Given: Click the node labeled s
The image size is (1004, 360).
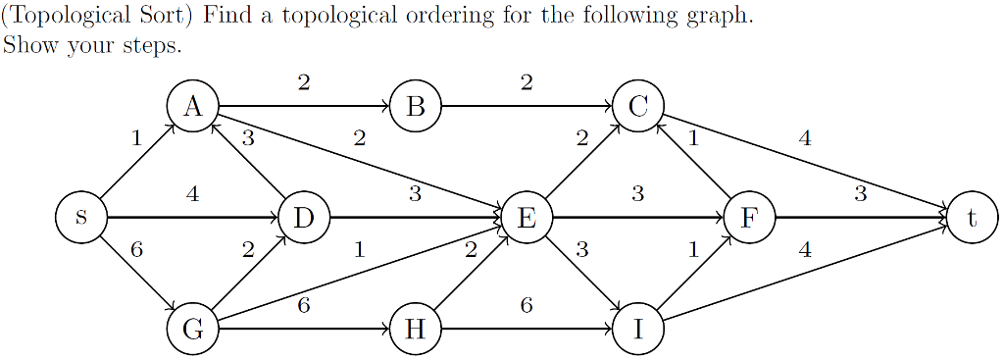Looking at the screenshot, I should coord(80,217).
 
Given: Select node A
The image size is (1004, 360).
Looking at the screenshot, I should coord(192,106).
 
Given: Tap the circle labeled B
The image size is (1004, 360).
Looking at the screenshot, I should coord(415,106).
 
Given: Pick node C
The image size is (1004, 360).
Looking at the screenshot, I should coord(637,106).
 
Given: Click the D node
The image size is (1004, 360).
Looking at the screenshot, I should coord(303,217).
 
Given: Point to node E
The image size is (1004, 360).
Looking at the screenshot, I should coord(527,217).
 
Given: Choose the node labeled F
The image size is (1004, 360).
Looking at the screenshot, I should coord(749,217).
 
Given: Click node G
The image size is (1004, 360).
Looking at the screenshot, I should coord(192,329).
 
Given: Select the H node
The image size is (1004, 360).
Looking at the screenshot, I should coord(415,329).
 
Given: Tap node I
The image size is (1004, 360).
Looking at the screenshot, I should coord(637,329).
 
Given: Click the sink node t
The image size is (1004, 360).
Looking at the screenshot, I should coord(972,217).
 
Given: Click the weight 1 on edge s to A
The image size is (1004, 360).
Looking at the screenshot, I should coord(136,139).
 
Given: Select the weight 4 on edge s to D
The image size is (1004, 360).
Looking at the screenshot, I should coord(192,194).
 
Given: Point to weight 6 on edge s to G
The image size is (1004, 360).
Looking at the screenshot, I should coord(136,250).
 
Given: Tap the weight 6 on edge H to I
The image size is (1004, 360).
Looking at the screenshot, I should coord(527,306).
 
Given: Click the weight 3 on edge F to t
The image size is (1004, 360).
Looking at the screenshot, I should coord(860,194).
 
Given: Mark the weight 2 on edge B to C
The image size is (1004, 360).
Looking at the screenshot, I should coord(527,83).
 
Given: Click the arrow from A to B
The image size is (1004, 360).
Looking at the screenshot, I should coord(304,106).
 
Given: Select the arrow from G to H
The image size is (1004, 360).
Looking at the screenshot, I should coord(304,329).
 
